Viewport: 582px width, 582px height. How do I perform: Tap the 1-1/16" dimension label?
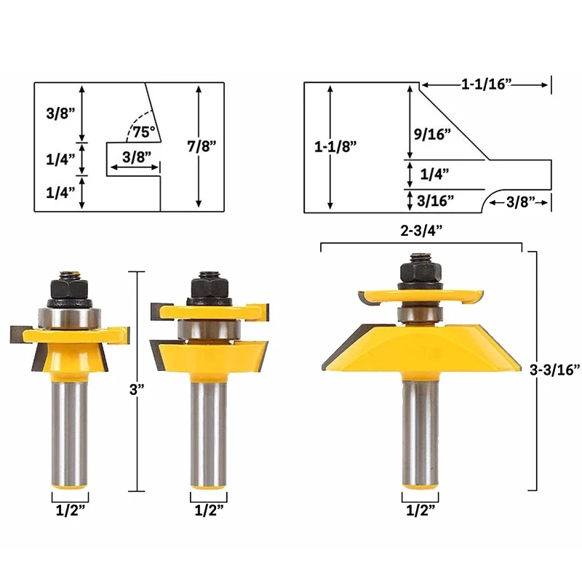tap(487, 85)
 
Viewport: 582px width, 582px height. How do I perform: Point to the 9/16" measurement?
tap(436, 133)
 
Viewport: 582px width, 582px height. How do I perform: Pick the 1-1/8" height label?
tap(335, 145)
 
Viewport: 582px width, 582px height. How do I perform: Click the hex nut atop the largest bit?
tap(420, 272)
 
